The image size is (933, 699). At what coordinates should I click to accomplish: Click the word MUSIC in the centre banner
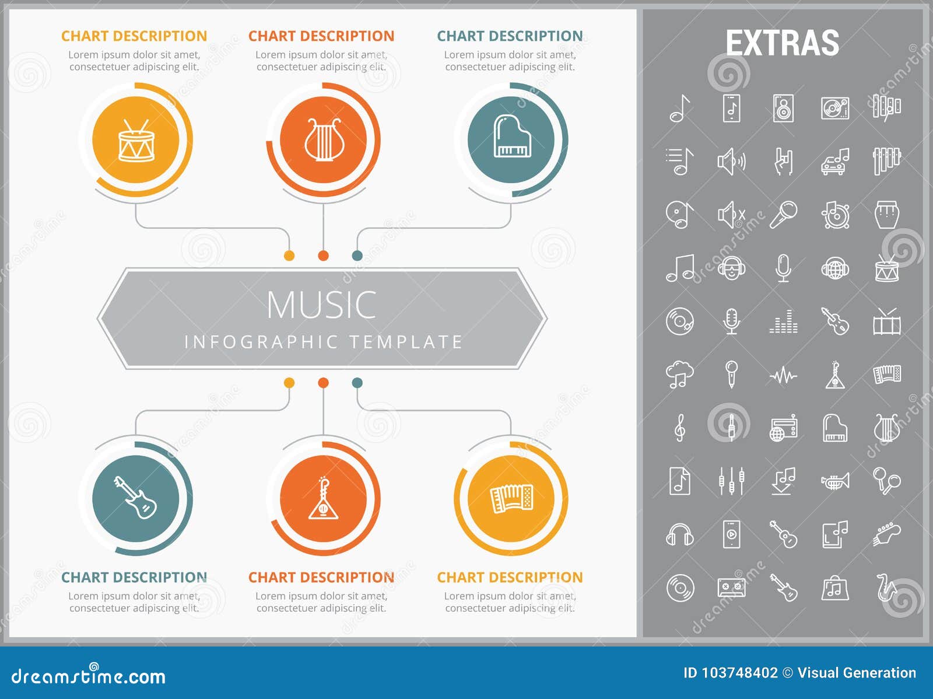321,305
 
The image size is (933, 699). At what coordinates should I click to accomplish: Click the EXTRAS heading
782,43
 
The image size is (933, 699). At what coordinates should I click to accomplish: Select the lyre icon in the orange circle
323,140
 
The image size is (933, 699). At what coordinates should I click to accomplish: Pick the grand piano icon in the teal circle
511,137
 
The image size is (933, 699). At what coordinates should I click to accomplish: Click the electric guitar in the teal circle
135,498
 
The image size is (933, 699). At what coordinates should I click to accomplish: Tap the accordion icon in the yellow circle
511,498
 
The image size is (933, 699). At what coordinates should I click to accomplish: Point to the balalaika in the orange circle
323,498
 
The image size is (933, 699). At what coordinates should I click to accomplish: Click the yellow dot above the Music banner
289,256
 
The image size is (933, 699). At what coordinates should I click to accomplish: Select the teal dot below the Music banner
357,383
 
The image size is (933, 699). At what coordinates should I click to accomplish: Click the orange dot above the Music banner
323,256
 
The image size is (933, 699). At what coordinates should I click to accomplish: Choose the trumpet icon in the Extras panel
835,481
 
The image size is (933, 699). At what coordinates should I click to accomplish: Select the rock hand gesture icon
783,162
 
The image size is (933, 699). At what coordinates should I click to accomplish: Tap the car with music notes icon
834,162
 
